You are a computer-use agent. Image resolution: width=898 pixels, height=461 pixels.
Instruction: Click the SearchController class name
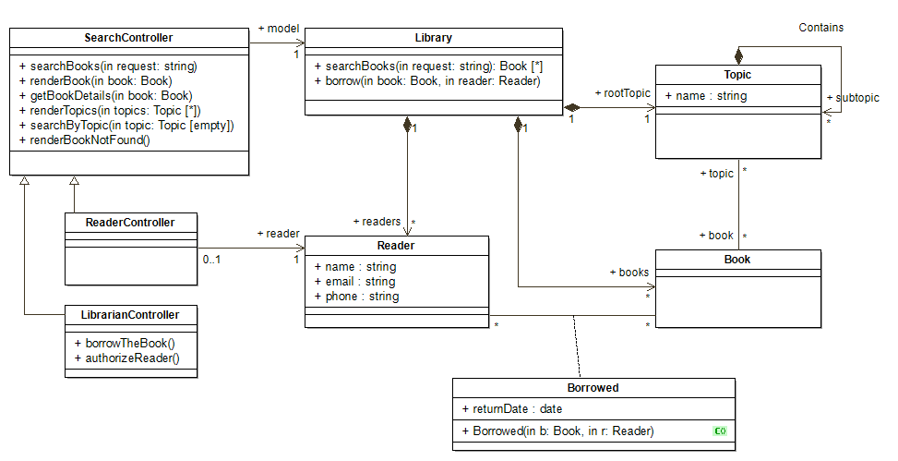[x=128, y=38]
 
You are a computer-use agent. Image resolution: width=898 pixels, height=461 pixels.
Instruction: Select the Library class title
[x=434, y=38]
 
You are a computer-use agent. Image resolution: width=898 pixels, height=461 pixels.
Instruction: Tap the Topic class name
[x=737, y=75]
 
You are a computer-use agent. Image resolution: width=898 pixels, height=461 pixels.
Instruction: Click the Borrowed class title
[x=593, y=388]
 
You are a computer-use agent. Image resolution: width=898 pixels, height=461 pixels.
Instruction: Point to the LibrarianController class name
[x=130, y=315]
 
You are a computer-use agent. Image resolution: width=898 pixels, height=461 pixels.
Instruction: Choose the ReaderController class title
[x=130, y=223]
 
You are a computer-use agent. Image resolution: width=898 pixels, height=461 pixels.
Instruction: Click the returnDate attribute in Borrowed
[x=512, y=409]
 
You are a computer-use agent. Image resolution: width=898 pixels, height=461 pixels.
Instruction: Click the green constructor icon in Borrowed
[x=720, y=431]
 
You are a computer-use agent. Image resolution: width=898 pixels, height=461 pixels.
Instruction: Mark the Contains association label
[x=821, y=28]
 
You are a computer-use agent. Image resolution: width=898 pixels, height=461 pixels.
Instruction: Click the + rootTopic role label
[x=623, y=93]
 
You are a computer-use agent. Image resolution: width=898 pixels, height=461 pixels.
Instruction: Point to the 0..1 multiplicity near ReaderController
[x=211, y=260]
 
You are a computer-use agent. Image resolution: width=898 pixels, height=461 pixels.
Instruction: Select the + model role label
[x=279, y=29]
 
